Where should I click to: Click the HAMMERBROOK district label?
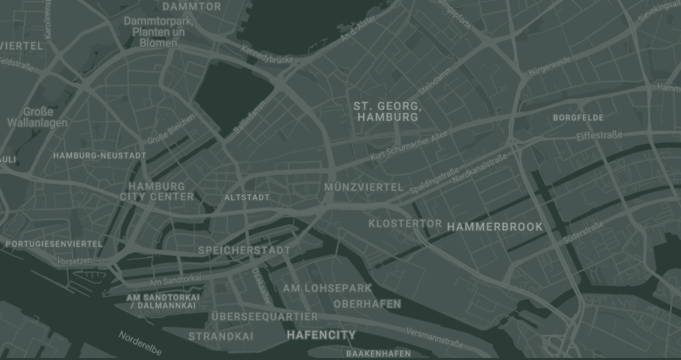[495, 227]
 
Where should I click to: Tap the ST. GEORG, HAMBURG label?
[388, 112]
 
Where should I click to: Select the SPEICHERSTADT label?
[244, 250]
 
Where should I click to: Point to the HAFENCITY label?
[321, 335]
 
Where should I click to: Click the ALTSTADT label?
[247, 197]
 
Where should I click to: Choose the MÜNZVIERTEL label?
[364, 188]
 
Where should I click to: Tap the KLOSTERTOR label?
[405, 224]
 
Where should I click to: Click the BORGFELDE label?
[578, 118]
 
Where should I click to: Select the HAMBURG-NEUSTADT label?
[100, 156]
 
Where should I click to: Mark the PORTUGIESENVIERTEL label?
[54, 244]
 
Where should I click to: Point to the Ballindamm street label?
[251, 117]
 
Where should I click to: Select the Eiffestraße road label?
[599, 136]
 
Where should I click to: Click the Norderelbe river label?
[140, 343]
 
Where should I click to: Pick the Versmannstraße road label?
[435, 338]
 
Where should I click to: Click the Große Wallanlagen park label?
[37, 117]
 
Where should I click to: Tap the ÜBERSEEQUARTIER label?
[265, 317]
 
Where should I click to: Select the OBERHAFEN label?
[367, 304]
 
